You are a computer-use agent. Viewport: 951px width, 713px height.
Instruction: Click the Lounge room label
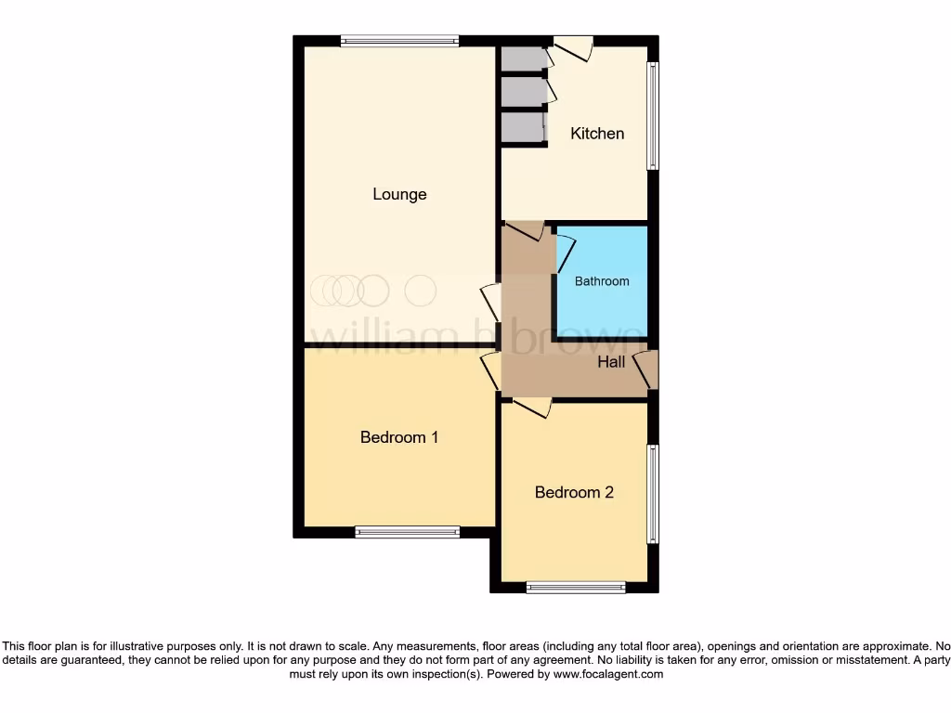click(x=399, y=194)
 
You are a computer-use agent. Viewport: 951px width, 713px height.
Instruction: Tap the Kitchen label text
click(x=597, y=134)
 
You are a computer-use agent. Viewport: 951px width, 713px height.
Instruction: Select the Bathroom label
click(x=602, y=281)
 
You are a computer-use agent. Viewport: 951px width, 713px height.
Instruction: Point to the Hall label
click(x=611, y=362)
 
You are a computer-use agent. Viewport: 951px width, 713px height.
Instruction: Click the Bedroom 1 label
click(x=399, y=437)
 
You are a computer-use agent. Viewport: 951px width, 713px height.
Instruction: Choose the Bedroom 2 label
click(x=574, y=493)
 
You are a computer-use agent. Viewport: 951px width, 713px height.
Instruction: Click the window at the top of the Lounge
click(x=399, y=40)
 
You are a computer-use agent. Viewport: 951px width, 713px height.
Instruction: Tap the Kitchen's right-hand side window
click(x=653, y=116)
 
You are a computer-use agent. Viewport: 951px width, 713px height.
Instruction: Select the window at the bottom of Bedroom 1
click(x=408, y=532)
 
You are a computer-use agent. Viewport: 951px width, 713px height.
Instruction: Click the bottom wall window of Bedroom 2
click(x=576, y=587)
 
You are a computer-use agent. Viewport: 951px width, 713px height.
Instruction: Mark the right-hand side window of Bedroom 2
click(x=653, y=494)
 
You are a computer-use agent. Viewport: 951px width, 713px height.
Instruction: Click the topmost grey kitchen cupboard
click(x=523, y=58)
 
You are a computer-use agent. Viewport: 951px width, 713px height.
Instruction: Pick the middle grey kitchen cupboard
click(x=523, y=92)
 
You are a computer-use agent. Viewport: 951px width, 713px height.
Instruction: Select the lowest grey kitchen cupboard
click(x=522, y=127)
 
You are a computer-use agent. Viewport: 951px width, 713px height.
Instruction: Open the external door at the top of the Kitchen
click(x=573, y=47)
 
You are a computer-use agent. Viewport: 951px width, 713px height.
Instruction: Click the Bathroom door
click(x=565, y=253)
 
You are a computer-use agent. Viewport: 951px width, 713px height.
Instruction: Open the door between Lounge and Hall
click(x=490, y=304)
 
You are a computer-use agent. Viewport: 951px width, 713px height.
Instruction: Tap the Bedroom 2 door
click(x=532, y=407)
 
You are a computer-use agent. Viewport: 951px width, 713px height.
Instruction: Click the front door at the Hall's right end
click(x=646, y=370)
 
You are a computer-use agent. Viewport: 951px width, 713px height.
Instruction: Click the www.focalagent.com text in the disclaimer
click(x=607, y=675)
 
